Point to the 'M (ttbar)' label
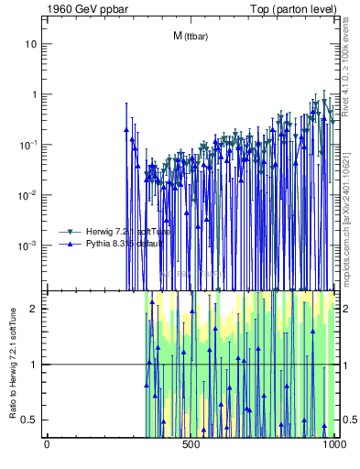pyautogui.click(x=189, y=36)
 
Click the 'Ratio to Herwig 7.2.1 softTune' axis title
pyautogui.click(x=12, y=364)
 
